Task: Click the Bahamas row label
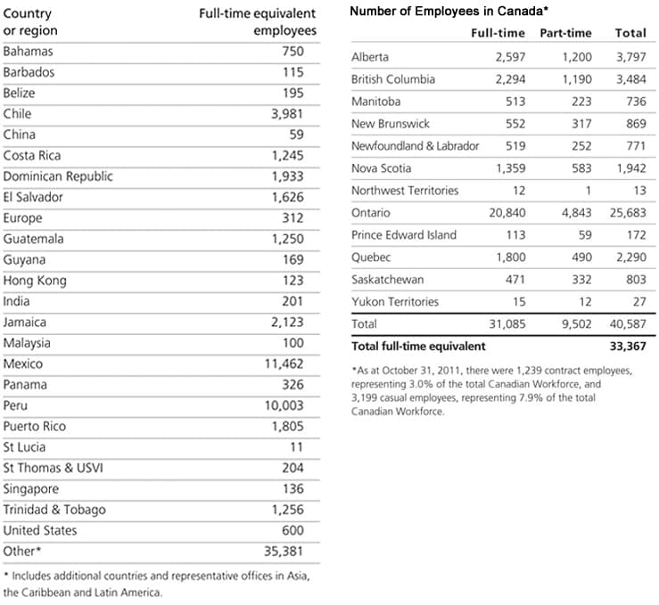click(x=28, y=52)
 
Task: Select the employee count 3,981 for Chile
click(x=287, y=114)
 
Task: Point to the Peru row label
click(x=16, y=405)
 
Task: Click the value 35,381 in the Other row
click(x=284, y=551)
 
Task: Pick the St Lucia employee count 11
click(x=296, y=447)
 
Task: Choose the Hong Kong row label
click(x=35, y=281)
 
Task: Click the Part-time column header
click(x=565, y=33)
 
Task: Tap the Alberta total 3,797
click(x=630, y=57)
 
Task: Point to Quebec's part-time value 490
click(x=580, y=258)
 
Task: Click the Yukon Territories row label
click(x=395, y=302)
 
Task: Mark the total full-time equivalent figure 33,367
click(x=627, y=346)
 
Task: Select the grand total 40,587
click(x=627, y=324)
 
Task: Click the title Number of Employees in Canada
click(x=449, y=12)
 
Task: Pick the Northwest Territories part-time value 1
click(x=588, y=191)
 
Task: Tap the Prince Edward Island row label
click(x=403, y=235)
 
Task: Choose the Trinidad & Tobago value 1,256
click(x=287, y=510)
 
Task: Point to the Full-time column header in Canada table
click(x=498, y=33)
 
